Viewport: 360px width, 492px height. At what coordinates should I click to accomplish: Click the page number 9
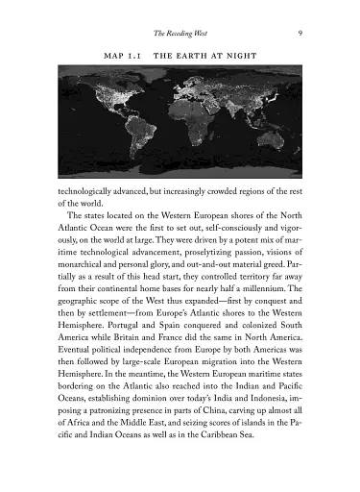coord(301,33)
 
